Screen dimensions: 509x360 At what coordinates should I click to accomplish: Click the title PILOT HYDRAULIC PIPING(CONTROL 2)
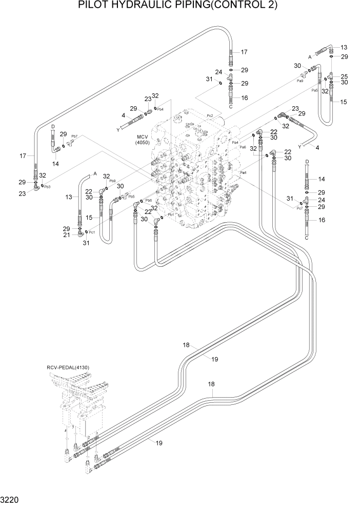click(178, 6)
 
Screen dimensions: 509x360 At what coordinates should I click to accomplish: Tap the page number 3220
click(11, 499)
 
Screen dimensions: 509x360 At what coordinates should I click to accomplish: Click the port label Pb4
click(160, 109)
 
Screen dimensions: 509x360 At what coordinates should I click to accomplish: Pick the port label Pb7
click(74, 137)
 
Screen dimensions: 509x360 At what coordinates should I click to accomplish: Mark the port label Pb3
click(47, 186)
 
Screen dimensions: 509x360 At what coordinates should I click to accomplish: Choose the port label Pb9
click(112, 181)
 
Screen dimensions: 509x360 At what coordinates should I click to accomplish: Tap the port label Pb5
click(131, 196)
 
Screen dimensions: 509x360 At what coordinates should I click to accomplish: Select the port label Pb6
click(149, 200)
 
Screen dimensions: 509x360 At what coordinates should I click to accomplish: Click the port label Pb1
click(171, 214)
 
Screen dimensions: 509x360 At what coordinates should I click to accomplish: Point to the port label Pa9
click(301, 81)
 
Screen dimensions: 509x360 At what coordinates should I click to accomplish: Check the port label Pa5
click(315, 90)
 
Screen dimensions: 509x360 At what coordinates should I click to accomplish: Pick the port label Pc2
click(210, 116)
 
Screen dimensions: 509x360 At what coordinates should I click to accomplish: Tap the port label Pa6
click(243, 147)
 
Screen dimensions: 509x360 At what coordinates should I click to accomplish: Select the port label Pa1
click(244, 172)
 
